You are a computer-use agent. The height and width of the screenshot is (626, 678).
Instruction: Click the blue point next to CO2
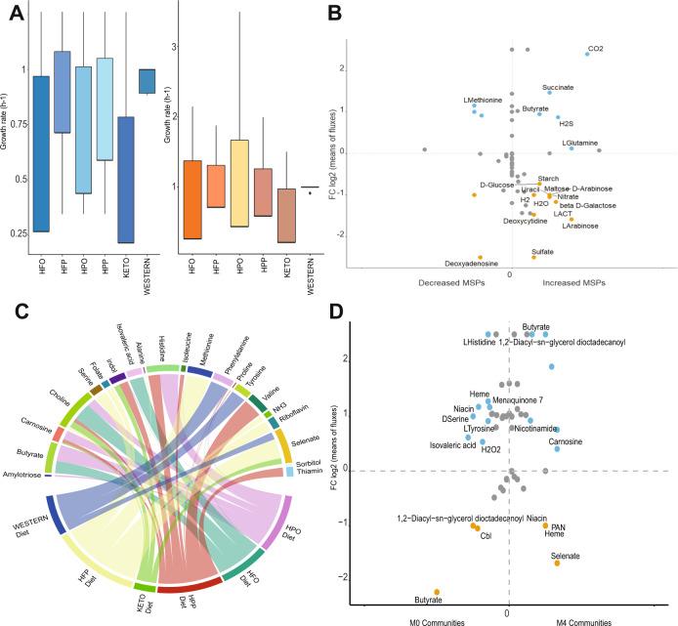point(587,54)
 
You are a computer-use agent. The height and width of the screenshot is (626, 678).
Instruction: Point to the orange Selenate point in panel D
point(557,563)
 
